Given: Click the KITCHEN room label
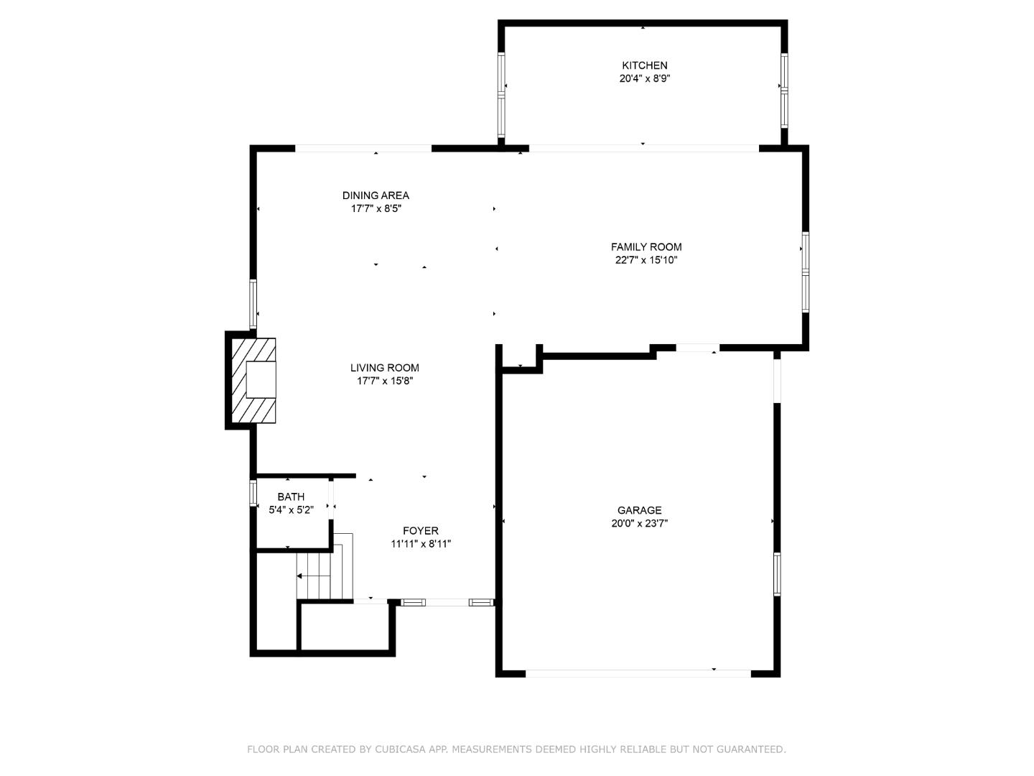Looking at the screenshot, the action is coord(644,65).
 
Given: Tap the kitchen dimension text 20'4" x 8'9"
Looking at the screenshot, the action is coord(644,79).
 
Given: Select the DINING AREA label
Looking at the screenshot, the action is coord(376,195).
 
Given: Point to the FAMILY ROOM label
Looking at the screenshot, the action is coord(646,247).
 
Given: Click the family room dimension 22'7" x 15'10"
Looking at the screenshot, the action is coord(646,260).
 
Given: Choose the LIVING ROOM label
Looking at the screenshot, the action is coord(384,368).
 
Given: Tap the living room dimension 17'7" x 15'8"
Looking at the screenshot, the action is coord(384,381).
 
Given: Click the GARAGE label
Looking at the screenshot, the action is coord(639,510).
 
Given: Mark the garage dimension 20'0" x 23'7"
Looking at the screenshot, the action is coord(639,524).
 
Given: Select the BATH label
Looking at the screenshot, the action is coord(291,496).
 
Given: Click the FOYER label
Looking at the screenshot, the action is coord(421,531).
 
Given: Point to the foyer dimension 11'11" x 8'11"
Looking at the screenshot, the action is coord(421,544).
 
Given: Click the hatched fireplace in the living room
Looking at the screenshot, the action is coord(253,380).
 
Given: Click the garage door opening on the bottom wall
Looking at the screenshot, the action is coord(638,674).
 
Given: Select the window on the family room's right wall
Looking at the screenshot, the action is coord(805,272).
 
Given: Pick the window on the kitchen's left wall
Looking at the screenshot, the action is coord(501,94).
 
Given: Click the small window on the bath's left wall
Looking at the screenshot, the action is coord(253,493).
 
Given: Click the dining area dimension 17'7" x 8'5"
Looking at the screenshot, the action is coord(376,208).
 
